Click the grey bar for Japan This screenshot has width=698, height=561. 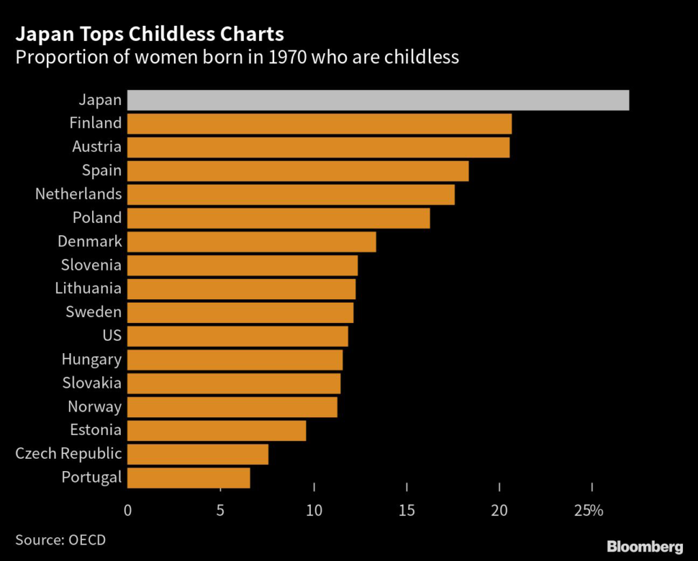click(x=378, y=100)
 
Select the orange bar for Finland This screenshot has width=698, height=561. click(x=319, y=124)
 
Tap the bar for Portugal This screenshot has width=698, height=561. click(x=188, y=478)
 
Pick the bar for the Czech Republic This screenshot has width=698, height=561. click(x=198, y=454)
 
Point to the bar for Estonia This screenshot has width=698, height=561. click(x=216, y=431)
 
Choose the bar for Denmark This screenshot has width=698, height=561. click(x=252, y=242)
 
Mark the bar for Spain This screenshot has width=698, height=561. click(x=298, y=171)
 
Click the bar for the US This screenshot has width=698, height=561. click(x=237, y=336)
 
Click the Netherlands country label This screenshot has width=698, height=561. click(x=78, y=194)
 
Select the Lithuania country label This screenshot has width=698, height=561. click(x=88, y=288)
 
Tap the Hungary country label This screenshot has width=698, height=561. click(x=91, y=359)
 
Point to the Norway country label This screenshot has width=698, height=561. click(x=95, y=407)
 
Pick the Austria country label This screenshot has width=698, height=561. click(x=97, y=147)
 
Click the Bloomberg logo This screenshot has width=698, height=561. click(x=644, y=546)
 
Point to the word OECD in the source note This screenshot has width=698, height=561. click(x=87, y=540)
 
